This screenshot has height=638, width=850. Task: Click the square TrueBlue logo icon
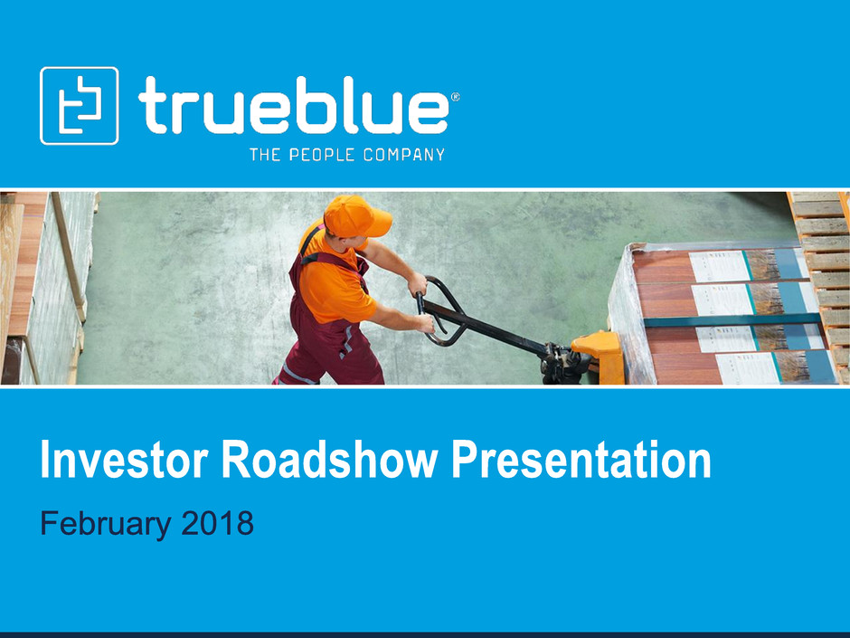pyautogui.click(x=80, y=106)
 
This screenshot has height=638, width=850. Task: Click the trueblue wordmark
pyautogui.click(x=293, y=105)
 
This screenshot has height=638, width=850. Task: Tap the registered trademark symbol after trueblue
pyautogui.click(x=456, y=97)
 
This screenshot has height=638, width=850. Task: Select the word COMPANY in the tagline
pyautogui.click(x=404, y=155)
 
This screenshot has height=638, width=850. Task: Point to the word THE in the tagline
pyautogui.click(x=265, y=155)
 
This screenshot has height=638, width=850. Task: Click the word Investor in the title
pyautogui.click(x=124, y=460)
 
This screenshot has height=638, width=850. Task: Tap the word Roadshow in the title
pyautogui.click(x=329, y=460)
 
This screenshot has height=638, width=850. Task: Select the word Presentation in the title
pyautogui.click(x=581, y=460)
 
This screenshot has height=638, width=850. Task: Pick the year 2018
pyautogui.click(x=217, y=523)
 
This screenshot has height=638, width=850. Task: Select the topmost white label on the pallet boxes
pyautogui.click(x=720, y=266)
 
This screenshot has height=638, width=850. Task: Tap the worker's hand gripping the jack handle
pyautogui.click(x=425, y=323)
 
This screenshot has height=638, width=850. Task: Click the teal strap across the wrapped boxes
pyautogui.click(x=732, y=319)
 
